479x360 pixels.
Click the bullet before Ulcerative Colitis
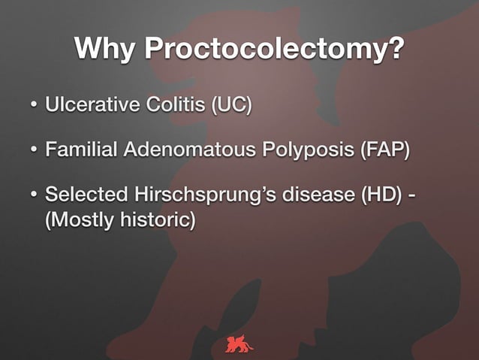click(34, 103)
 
